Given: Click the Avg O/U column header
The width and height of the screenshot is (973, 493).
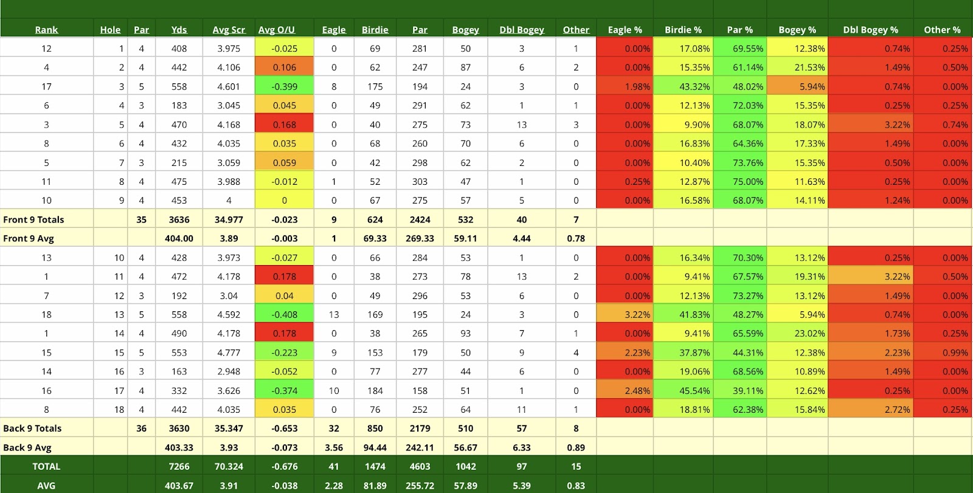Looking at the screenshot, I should point(276,30).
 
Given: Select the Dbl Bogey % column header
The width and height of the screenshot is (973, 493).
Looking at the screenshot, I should point(870,30).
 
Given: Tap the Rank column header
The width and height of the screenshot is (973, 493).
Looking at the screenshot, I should point(46,30).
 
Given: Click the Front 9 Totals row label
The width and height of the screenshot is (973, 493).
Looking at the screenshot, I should point(33,219).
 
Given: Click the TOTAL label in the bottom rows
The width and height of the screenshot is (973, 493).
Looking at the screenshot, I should point(46,466).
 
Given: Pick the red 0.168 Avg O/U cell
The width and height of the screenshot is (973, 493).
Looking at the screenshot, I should point(284,125).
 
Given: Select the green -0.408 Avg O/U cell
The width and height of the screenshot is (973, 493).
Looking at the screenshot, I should point(284,314).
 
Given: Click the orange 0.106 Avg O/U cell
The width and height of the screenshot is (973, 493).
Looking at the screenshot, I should point(284,67).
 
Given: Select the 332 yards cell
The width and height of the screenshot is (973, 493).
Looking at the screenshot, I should point(179,390).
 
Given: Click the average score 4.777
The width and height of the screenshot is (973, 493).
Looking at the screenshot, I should point(229,353).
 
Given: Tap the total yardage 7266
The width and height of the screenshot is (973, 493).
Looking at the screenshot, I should point(179,466).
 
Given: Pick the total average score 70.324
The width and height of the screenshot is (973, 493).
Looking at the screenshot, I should point(229,466).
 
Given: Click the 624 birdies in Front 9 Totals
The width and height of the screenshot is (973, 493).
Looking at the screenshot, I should point(375,219).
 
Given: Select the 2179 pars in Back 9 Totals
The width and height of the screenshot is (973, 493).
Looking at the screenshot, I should point(420,428).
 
